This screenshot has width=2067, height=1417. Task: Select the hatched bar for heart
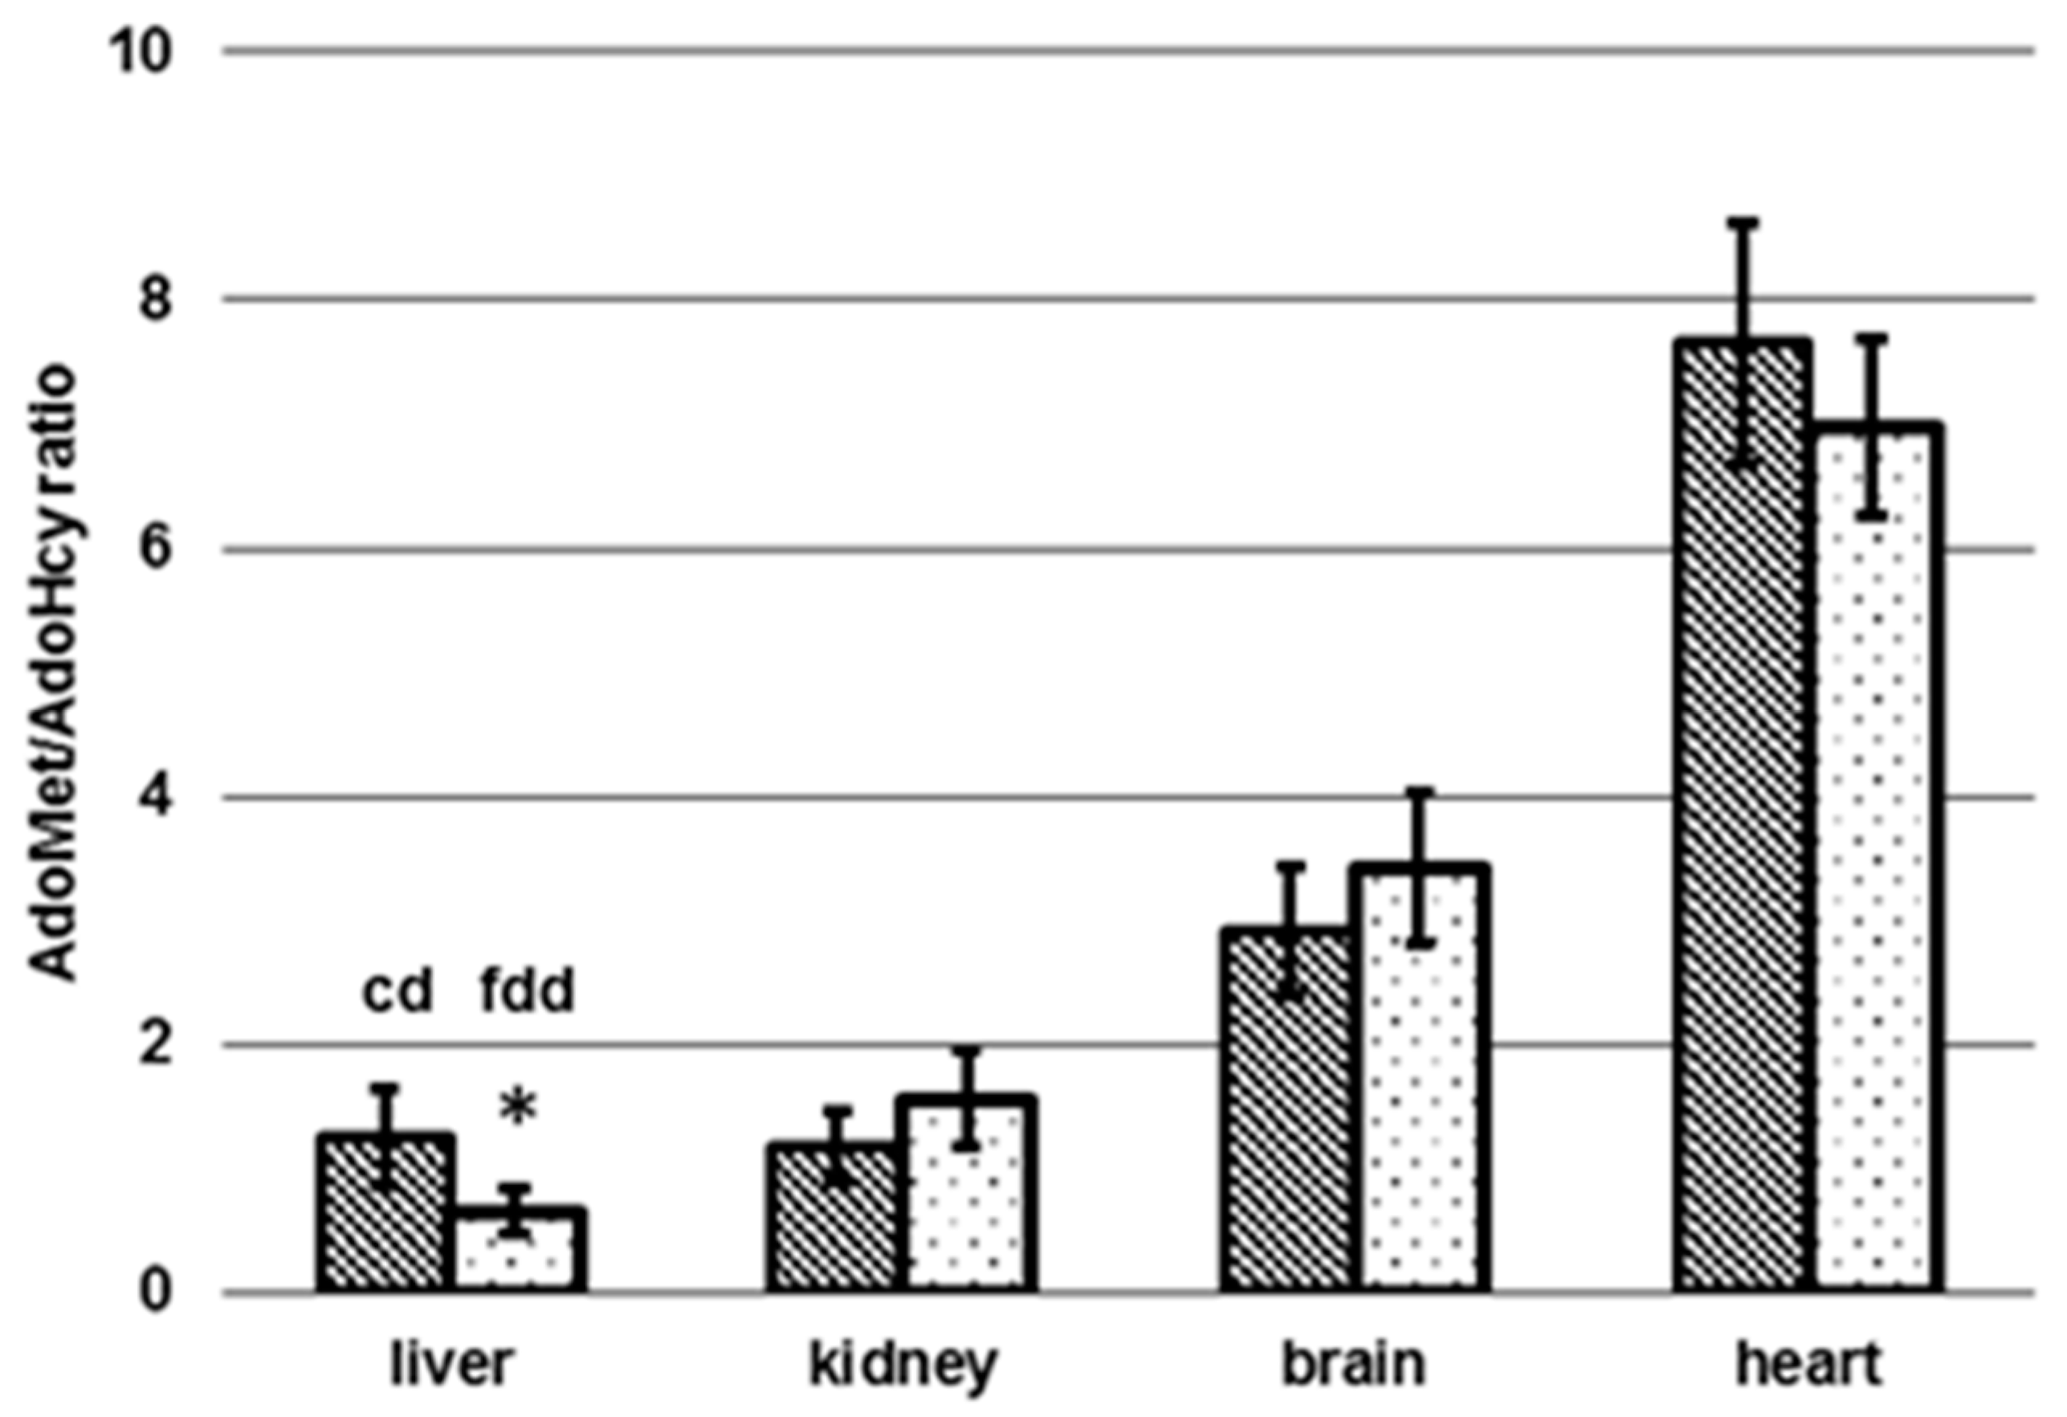[x=1743, y=819]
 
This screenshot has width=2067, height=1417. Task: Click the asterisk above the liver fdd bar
[x=519, y=1110]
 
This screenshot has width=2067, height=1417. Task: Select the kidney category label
[x=903, y=1366]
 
